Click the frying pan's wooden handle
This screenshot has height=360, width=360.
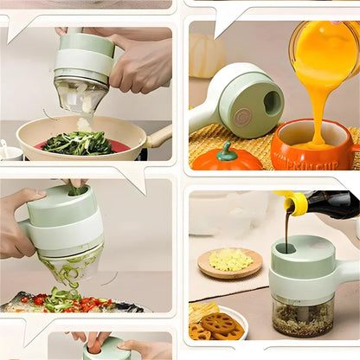(x=160, y=136)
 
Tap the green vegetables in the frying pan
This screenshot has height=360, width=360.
(x=78, y=144)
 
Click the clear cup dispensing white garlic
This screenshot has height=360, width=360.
(x=80, y=95)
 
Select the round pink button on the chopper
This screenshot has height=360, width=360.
(x=243, y=116)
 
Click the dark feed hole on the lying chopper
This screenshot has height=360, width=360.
(x=272, y=103)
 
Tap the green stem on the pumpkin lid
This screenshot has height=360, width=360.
(x=227, y=152)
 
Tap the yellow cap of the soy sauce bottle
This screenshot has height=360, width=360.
(x=296, y=203)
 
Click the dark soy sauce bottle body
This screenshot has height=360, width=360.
(x=333, y=205)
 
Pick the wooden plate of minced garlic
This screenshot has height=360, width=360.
(x=229, y=261)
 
